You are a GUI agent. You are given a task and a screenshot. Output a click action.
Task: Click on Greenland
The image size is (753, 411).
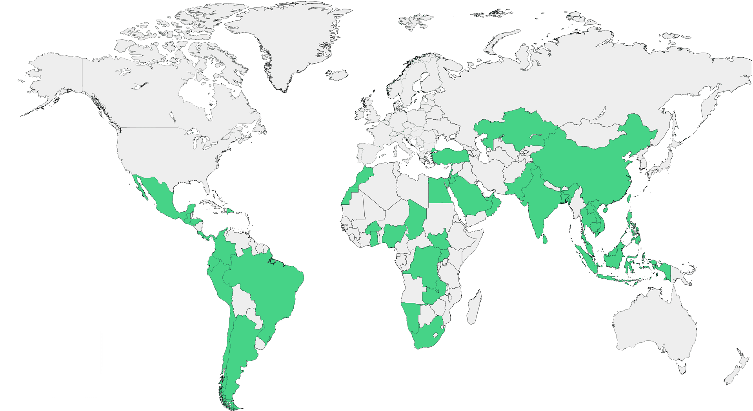click(286, 43)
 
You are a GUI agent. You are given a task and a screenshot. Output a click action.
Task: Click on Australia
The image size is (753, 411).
click(655, 329)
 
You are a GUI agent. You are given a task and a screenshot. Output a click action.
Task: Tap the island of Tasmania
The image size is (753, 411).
click(682, 369)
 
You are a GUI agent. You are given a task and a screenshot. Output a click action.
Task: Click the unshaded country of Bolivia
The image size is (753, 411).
click(243, 302)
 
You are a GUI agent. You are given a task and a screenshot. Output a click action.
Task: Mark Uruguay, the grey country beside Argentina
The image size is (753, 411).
click(260, 344)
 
